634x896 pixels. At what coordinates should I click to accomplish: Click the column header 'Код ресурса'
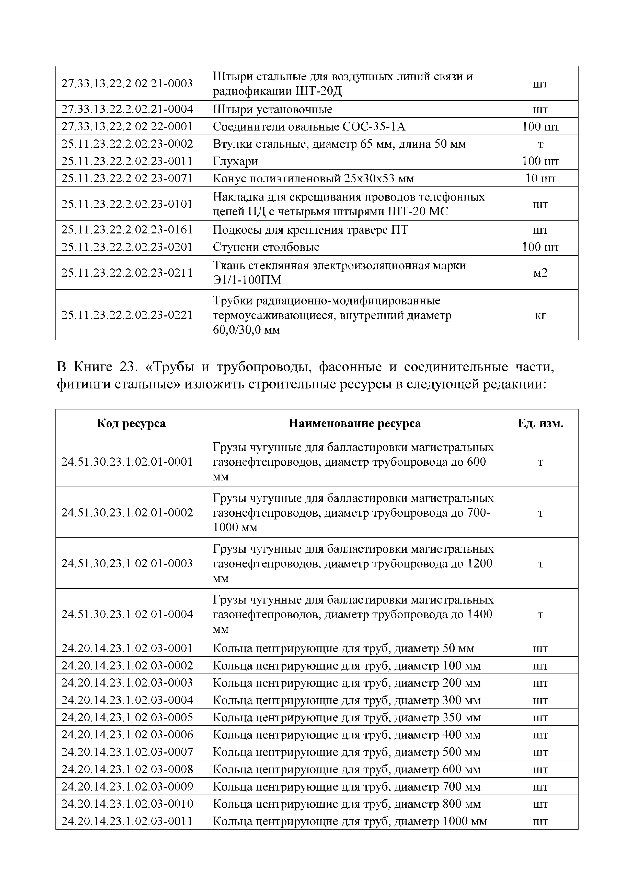131,423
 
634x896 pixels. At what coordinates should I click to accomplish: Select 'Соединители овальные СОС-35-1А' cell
309,126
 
